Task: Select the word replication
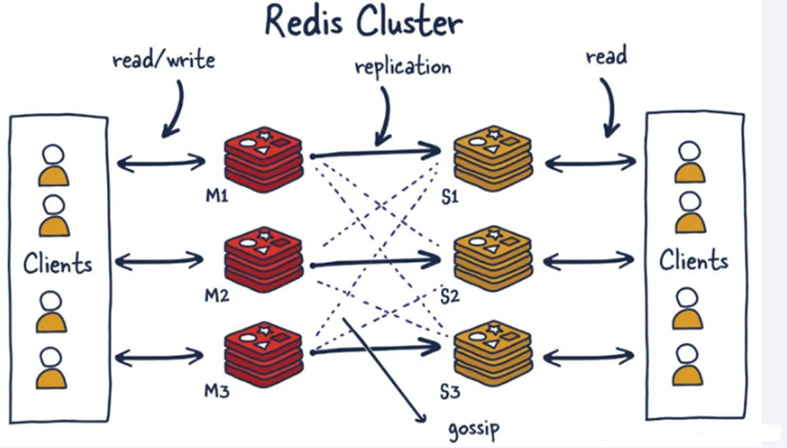pyautogui.click(x=403, y=68)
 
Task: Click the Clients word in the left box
pyautogui.click(x=59, y=264)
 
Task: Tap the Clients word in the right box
pyautogui.click(x=694, y=261)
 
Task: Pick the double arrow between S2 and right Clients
pyautogui.click(x=588, y=262)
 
